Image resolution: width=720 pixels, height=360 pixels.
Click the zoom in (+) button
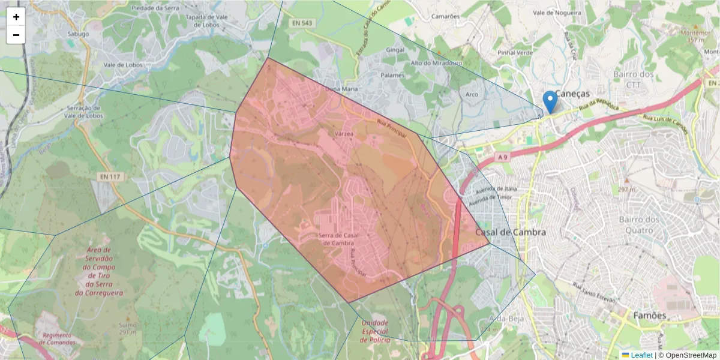[16, 17]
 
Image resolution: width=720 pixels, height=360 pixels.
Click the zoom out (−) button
[16, 35]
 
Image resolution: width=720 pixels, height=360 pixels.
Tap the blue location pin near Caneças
[549, 101]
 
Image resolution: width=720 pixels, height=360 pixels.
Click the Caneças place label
[572, 94]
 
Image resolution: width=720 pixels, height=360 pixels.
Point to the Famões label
[650, 315]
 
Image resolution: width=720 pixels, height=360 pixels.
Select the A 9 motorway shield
[503, 157]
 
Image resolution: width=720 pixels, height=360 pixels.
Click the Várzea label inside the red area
[344, 134]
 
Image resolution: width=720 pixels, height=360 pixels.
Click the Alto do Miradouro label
[436, 63]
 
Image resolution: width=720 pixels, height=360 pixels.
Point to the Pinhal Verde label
[515, 53]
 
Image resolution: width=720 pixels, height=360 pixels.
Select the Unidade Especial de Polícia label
[375, 331]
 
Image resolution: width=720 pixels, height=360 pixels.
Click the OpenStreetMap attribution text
[691, 355]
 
